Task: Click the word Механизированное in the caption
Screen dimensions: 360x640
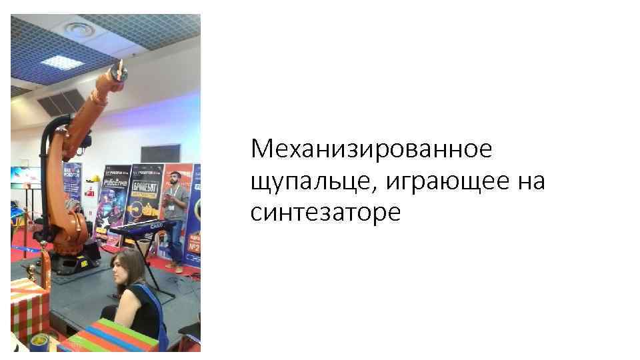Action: pos(371,148)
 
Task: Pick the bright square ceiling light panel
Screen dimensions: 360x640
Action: pos(61,62)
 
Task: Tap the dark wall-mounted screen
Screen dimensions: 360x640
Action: pos(160,154)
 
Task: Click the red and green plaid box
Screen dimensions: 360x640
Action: pos(28,307)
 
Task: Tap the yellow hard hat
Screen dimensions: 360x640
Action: pos(95,179)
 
